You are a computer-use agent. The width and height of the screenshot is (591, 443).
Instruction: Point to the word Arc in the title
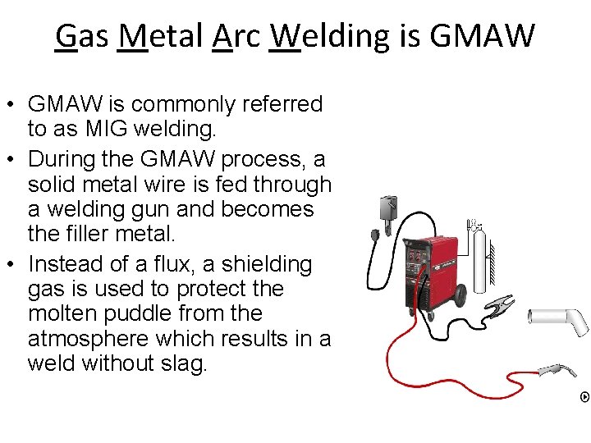click(x=236, y=36)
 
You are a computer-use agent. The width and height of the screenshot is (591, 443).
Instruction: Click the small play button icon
click(x=584, y=397)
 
